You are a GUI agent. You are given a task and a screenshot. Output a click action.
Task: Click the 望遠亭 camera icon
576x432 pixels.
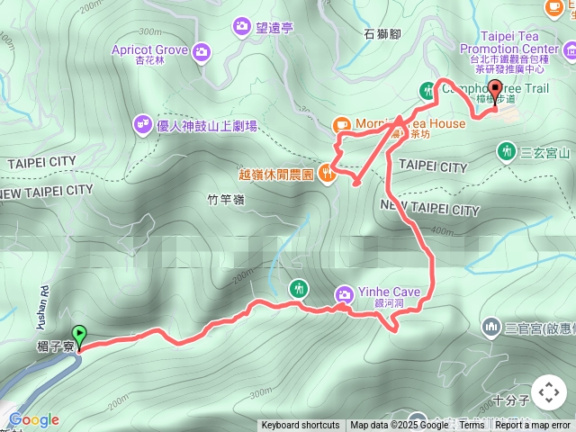coord(241,26)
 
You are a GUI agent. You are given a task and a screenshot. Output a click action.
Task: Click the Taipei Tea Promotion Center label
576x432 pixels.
coord(508,41)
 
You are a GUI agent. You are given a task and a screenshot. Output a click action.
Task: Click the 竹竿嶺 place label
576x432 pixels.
coord(225,200)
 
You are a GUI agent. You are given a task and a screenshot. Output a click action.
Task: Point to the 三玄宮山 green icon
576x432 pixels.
coord(508,151)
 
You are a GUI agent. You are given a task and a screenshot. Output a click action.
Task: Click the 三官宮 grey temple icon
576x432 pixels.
coord(491,326)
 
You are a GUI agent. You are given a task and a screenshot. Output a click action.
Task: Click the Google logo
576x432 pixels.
coord(33,419)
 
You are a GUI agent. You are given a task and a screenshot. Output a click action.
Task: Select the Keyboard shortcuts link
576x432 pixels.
coord(301,426)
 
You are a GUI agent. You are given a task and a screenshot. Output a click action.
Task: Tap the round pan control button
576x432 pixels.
coord(548,392)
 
